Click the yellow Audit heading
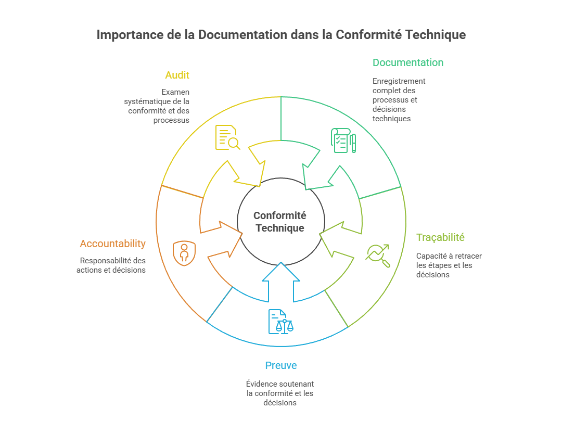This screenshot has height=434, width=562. (x=177, y=75)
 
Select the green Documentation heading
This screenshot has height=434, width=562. (x=407, y=63)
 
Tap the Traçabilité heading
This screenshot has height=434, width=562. (x=440, y=237)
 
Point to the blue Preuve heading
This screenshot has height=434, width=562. (x=281, y=366)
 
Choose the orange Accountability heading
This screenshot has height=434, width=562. (x=112, y=244)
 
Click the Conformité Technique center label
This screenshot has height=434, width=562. (x=280, y=222)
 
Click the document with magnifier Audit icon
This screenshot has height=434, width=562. (x=227, y=138)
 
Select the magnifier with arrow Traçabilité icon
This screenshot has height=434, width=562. (x=378, y=255)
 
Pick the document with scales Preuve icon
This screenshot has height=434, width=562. (x=280, y=322)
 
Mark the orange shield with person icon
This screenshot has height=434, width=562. (x=184, y=253)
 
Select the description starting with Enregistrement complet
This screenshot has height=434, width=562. (x=399, y=100)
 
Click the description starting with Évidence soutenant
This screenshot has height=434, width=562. (x=280, y=393)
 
